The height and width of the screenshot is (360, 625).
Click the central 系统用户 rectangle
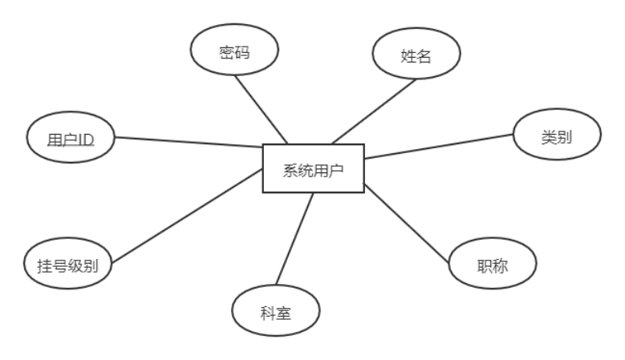point(314,169)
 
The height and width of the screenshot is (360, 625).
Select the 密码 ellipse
point(234,51)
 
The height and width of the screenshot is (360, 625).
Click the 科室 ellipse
point(275,310)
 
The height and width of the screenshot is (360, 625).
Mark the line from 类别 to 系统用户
point(440,146)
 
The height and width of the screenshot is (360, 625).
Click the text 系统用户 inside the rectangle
point(314,169)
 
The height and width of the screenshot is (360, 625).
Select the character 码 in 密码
point(243,51)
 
